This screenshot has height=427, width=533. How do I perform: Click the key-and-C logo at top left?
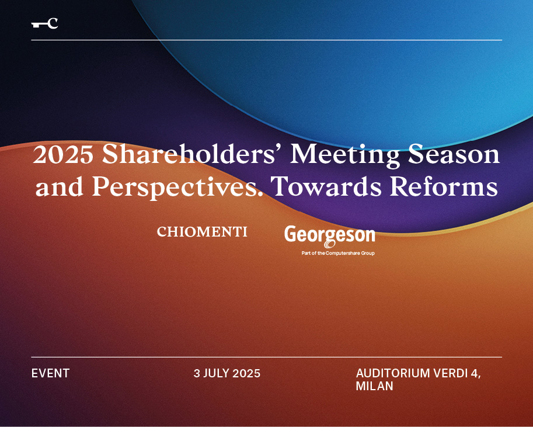click(44, 23)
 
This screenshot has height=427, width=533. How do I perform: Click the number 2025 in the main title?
click(63, 155)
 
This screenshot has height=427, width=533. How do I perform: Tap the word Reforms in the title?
click(444, 187)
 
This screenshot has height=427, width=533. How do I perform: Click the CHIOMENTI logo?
click(202, 232)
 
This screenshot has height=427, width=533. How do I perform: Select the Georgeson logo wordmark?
click(329, 235)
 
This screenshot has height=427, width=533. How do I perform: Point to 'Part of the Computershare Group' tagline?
click(338, 253)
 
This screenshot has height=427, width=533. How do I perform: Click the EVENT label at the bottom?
click(50, 373)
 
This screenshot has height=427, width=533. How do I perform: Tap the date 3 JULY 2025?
click(227, 373)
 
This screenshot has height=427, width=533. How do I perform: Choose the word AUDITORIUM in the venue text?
click(393, 373)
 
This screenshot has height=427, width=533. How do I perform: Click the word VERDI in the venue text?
click(450, 373)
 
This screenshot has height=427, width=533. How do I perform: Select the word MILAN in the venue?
click(374, 387)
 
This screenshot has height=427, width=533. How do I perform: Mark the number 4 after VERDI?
click(475, 373)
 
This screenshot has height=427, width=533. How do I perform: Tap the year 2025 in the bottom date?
click(246, 373)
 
